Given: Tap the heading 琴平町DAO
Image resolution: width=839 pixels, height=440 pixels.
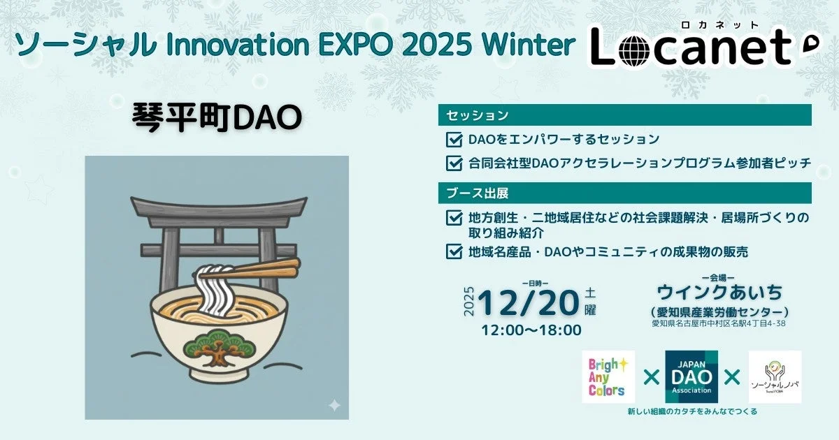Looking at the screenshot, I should (217, 117).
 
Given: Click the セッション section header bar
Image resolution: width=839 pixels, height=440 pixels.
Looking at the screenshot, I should (624, 115).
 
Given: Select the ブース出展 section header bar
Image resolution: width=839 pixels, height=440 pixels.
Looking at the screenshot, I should (624, 193).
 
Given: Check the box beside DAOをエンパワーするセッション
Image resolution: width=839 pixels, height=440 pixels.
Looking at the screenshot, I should (454, 139).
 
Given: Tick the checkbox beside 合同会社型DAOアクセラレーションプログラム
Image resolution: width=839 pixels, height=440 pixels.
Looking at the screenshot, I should (454, 163).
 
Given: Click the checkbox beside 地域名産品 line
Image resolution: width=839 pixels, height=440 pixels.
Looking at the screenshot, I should (454, 251).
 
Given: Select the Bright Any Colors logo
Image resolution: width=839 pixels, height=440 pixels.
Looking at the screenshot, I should (608, 377).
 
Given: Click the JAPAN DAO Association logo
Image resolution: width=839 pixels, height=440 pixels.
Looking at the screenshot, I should (691, 377).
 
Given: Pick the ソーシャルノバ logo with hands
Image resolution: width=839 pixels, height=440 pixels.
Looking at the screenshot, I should (775, 377).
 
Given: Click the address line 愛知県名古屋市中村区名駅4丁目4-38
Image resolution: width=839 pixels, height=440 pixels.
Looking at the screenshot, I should (719, 323).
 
